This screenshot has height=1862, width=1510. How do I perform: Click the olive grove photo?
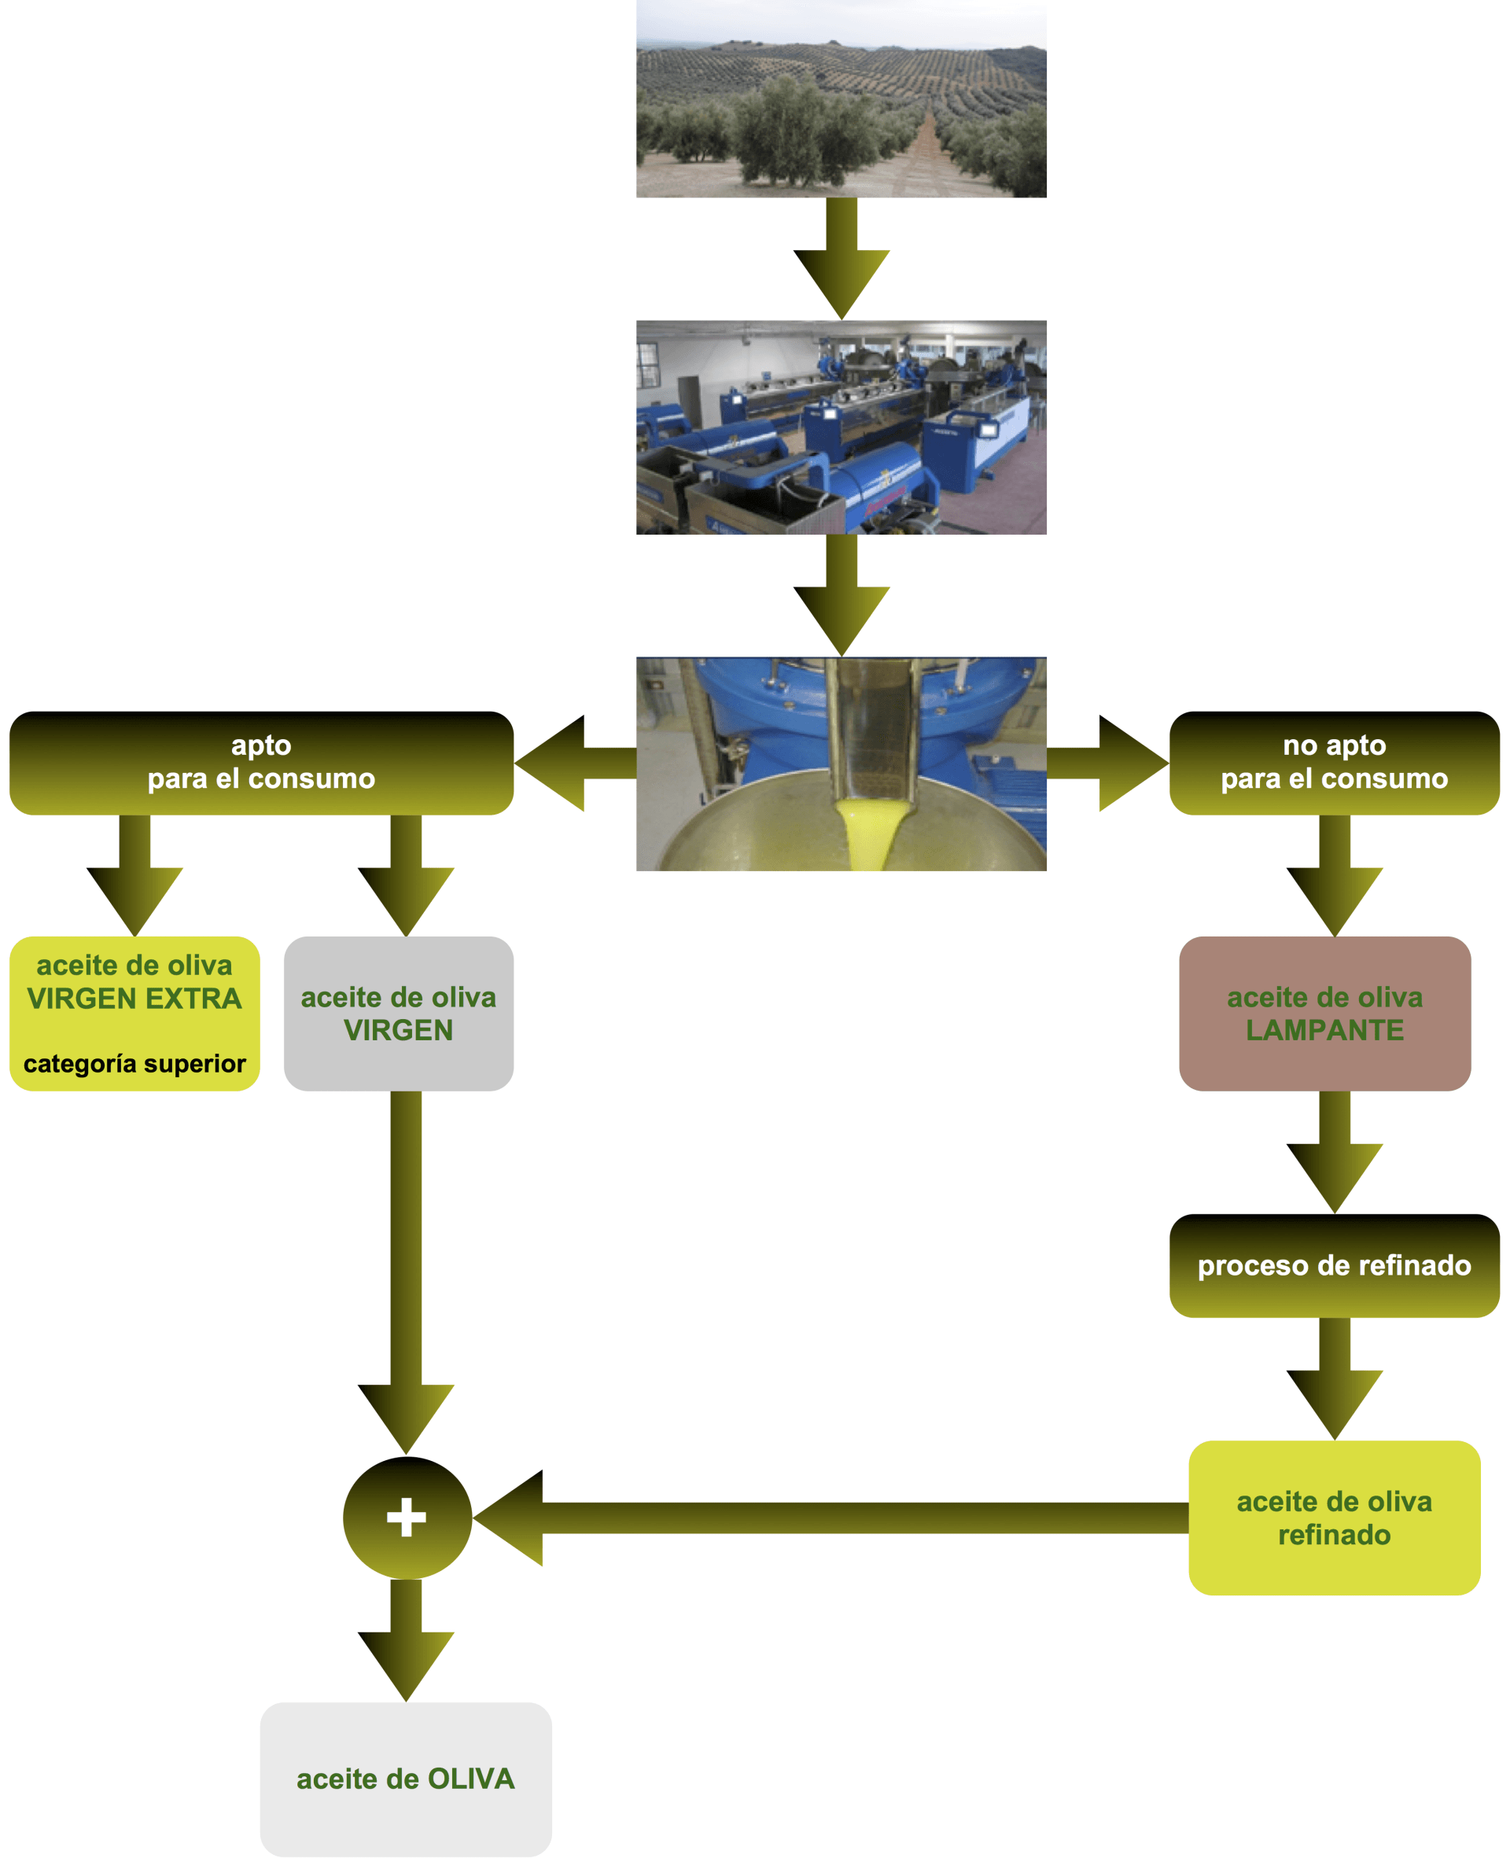[x=840, y=98]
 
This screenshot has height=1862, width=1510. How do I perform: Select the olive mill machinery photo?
[x=840, y=427]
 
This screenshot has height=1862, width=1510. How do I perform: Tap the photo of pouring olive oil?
[x=840, y=764]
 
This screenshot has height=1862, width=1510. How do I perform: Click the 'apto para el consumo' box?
[x=261, y=763]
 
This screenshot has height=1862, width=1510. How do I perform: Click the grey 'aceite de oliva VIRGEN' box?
[x=399, y=1014]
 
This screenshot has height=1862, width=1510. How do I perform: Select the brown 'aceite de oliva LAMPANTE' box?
[x=1324, y=1014]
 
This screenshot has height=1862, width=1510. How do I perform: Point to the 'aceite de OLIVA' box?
[x=405, y=1779]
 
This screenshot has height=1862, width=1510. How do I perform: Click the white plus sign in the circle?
[x=406, y=1518]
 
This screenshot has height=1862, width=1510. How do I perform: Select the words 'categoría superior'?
[x=134, y=1064]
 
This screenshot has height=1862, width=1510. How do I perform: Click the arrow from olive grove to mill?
[x=841, y=261]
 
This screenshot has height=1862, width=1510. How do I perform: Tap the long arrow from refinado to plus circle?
[x=827, y=1518]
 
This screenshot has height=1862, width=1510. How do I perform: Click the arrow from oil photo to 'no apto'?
[x=1109, y=763]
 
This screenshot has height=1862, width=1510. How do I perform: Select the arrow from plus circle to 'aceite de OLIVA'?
[x=405, y=1639]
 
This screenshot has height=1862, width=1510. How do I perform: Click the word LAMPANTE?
[x=1324, y=1031]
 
